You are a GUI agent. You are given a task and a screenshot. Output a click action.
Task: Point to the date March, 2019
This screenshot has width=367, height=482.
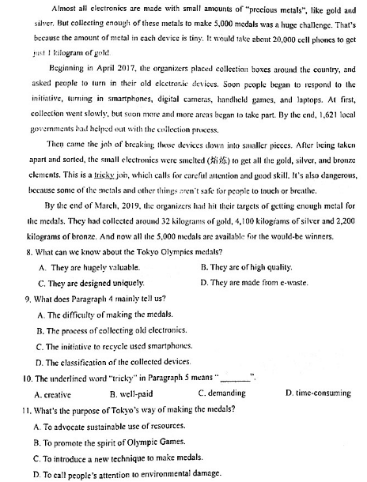click(104, 205)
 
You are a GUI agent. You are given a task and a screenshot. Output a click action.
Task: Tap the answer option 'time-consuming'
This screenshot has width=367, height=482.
click(318, 393)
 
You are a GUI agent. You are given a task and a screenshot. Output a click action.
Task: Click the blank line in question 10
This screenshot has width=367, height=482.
click(236, 376)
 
